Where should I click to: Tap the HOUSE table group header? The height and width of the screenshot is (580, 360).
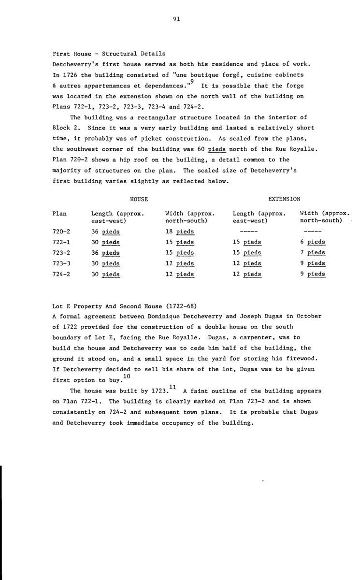(139, 199)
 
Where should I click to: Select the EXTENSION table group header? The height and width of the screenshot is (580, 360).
(284, 199)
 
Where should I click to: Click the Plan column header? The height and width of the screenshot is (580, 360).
(59, 213)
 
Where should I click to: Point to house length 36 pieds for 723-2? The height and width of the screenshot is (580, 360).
(105, 253)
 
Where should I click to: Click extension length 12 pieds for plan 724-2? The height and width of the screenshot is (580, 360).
(247, 274)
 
